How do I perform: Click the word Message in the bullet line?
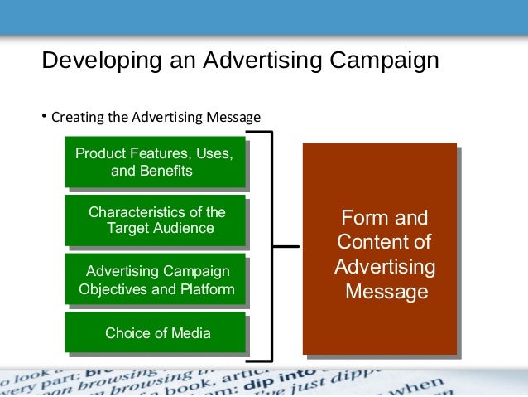coord(236,118)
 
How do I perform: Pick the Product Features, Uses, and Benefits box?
coord(155,162)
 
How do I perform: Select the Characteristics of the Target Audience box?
coord(156,220)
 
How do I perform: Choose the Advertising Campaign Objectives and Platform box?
coord(156,279)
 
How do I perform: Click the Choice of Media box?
coord(156,333)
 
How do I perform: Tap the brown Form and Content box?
coord(379,249)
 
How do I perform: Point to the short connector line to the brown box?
coord(286,246)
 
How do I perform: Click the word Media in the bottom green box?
coord(191,333)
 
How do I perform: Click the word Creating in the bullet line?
coord(77,118)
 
